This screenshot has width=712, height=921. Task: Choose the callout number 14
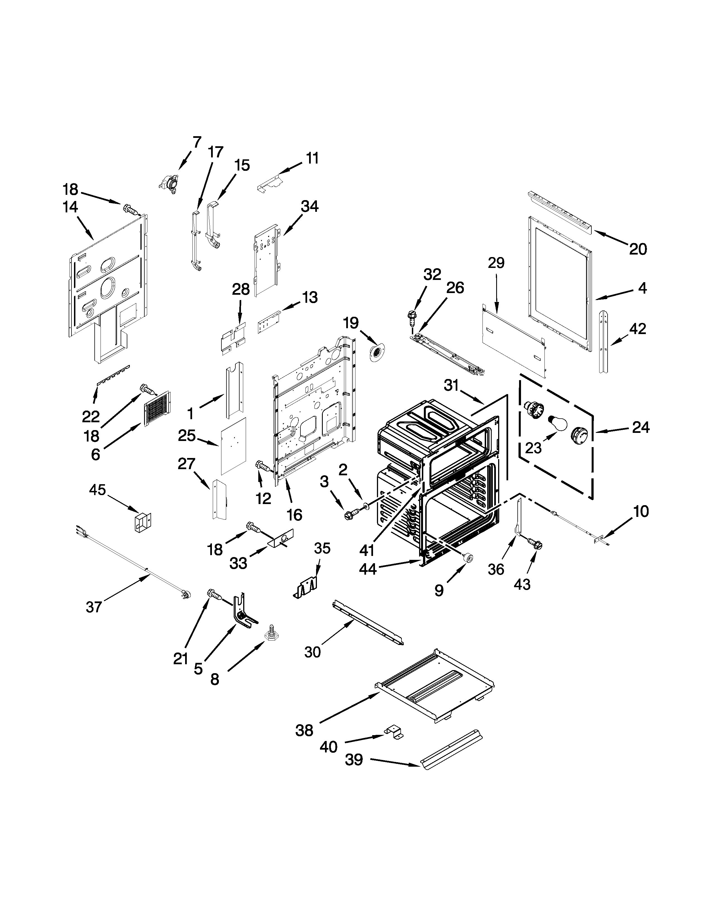(71, 207)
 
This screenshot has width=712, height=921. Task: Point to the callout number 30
(312, 652)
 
